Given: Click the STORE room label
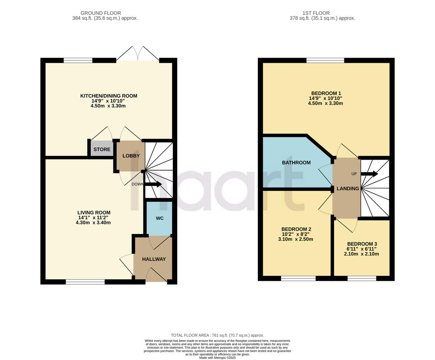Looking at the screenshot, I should tap(102, 150).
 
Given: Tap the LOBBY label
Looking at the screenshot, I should tap(131, 156).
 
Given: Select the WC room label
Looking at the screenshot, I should tap(159, 218).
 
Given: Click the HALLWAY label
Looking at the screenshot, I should tap(154, 259).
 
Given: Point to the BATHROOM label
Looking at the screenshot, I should tap(296, 163).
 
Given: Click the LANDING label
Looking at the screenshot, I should tap(348, 188).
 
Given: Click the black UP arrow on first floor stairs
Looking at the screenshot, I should tap(369, 174).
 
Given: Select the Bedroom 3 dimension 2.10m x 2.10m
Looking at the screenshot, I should tap(361, 254).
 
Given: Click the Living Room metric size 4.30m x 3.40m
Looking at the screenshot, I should tap(93, 222).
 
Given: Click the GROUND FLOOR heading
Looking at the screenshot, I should tap(100, 13).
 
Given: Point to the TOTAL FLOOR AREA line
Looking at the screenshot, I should tap(217, 335).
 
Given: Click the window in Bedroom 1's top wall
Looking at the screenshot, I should tap(325, 60).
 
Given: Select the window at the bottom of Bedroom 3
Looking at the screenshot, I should tap(361, 278).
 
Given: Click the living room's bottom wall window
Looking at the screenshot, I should tap(85, 282).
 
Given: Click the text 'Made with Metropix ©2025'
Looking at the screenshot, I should tap(217, 358).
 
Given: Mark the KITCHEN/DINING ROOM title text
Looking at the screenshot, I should tap(108, 96).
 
